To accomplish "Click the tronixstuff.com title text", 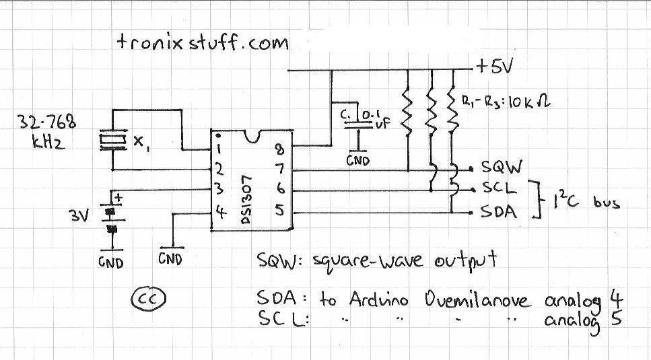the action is pos(203,42).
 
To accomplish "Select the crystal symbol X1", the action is pos(113,140).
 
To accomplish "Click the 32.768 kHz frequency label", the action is pos(46,131).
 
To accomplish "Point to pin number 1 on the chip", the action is pos(220,149).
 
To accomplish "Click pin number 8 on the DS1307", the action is pos(280,149).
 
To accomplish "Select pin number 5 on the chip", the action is pos(280,210).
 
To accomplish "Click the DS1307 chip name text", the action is pos(246,199).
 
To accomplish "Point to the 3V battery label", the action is pos(79,216).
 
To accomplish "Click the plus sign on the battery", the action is pos(118,198).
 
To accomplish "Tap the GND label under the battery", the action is pos(111,262).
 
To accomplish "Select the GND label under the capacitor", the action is pos(358,160).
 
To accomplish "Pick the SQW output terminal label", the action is pos(502,167).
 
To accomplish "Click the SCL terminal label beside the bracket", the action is pos(500,188).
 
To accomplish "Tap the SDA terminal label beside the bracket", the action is pos(499,211).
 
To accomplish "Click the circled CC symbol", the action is pos(148,299).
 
